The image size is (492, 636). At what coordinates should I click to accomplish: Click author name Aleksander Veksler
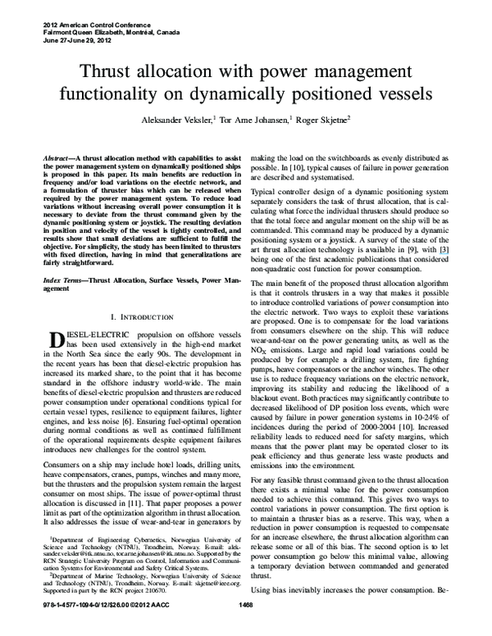click(x=176, y=119)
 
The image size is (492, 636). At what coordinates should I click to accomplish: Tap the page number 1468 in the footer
click(x=245, y=629)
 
